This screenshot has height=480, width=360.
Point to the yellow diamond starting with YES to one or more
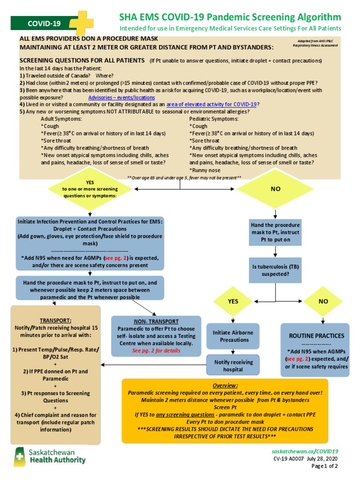(90, 189)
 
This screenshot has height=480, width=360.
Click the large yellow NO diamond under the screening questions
(275, 189)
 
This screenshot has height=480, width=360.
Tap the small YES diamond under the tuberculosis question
(233, 301)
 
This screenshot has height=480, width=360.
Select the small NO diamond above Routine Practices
(323, 301)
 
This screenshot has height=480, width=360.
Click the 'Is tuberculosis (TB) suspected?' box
(275, 270)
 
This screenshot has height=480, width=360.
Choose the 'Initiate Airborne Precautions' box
(233, 336)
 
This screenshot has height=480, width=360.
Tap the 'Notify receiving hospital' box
(233, 366)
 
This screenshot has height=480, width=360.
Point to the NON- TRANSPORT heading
(150, 322)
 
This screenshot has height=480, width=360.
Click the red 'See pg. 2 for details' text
(150, 350)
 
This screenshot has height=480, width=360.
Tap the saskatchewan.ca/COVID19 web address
(305, 450)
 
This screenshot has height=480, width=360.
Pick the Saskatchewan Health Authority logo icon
(20, 456)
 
